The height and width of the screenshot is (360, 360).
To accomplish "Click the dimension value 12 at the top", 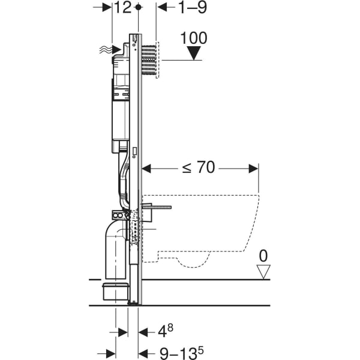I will pos(122,7).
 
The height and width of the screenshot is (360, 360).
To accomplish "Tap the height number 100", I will pos(193,38).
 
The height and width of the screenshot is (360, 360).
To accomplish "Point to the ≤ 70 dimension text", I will pos(198,168).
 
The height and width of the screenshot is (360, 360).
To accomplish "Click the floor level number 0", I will pos(262,256).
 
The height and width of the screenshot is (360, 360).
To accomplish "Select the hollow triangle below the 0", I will pos(262,272).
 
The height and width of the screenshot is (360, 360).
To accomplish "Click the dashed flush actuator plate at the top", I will pos(151,59).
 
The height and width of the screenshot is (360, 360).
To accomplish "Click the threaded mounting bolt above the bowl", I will pos(160,209).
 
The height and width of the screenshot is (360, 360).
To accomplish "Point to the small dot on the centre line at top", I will pos(139,7).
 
